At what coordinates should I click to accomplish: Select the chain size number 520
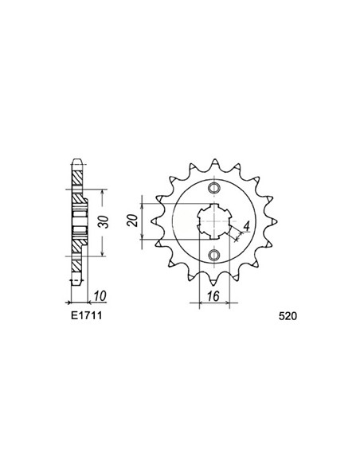tap(290, 315)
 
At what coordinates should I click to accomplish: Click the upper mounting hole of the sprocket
tap(213, 189)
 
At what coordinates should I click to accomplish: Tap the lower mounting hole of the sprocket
tap(213, 255)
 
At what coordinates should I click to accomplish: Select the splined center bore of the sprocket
tap(213, 222)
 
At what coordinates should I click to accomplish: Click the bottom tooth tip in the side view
tap(76, 283)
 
